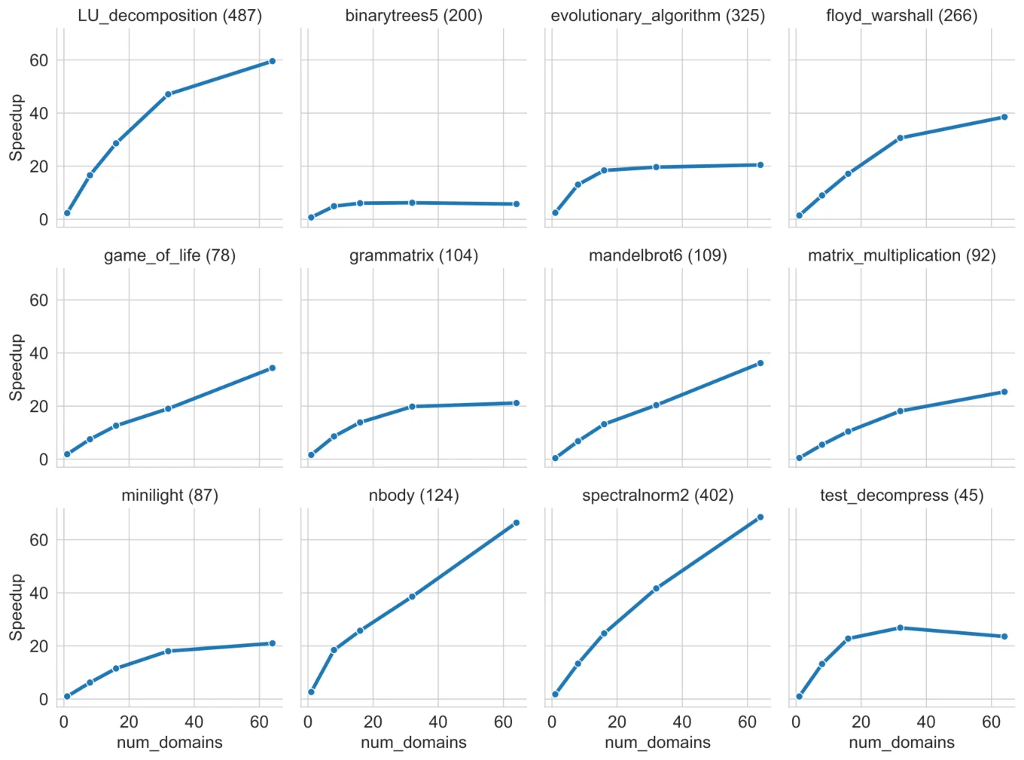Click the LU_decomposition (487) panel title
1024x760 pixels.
click(x=169, y=16)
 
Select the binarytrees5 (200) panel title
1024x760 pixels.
click(x=413, y=16)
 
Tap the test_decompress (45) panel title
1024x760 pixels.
click(x=901, y=496)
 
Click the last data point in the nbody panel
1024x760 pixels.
click(x=517, y=523)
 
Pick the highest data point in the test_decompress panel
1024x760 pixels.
click(x=900, y=627)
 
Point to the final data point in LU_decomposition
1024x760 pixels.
click(x=273, y=61)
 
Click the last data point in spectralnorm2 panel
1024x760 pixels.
click(x=760, y=517)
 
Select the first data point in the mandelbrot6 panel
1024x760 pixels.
click(x=555, y=458)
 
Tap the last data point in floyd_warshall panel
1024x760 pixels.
click(x=1004, y=117)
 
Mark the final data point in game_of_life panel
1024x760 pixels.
click(x=273, y=368)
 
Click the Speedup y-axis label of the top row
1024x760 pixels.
click(x=16, y=127)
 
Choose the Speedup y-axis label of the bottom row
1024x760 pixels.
click(x=16, y=607)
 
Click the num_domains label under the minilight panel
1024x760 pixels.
click(x=169, y=743)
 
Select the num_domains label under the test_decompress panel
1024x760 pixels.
click(x=901, y=743)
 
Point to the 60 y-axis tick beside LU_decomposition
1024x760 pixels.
click(x=38, y=60)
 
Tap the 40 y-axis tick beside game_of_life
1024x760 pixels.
click(x=38, y=353)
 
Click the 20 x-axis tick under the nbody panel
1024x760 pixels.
click(x=373, y=722)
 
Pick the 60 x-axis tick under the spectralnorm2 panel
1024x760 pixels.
click(x=747, y=722)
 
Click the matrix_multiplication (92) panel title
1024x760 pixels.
click(x=901, y=256)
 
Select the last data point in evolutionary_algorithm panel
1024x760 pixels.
click(x=760, y=164)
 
